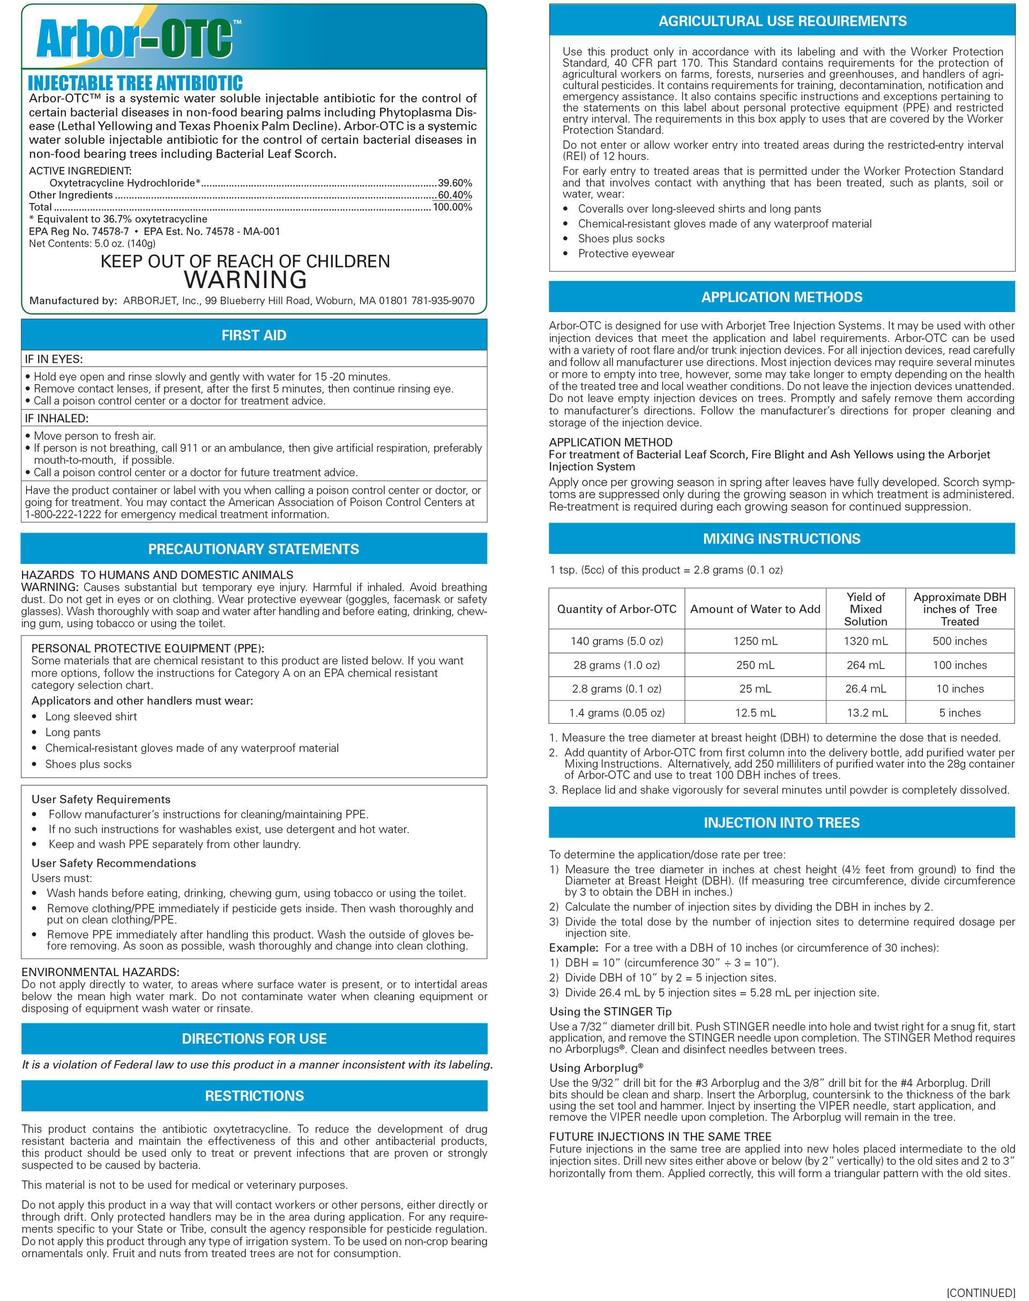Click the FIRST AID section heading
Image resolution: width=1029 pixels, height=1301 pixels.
[253, 336]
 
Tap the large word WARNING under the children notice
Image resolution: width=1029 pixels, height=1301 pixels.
[245, 280]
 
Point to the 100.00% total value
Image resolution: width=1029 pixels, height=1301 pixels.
[452, 207]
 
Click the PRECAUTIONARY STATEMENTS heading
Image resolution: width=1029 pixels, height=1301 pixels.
[253, 549]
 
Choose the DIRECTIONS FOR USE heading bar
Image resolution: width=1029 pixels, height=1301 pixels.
[253, 1039]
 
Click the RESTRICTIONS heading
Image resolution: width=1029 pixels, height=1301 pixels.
[253, 1096]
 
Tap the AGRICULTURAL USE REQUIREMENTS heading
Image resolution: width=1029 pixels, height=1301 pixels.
[782, 21]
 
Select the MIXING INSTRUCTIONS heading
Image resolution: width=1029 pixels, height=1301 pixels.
[781, 539]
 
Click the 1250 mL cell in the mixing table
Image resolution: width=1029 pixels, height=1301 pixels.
[755, 641]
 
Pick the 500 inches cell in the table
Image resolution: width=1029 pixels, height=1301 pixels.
[959, 641]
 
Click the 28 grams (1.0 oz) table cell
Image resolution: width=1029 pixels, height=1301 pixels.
[616, 665]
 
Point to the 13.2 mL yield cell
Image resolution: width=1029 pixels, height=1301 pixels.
[866, 713]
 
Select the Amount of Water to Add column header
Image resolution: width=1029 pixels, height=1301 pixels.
[755, 609]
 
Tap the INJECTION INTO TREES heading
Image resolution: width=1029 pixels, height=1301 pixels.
[781, 822]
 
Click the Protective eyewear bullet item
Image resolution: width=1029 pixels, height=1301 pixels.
[626, 254]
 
